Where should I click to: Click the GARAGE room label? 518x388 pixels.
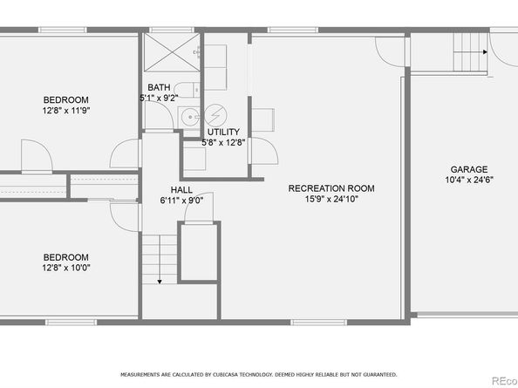[x=468, y=169]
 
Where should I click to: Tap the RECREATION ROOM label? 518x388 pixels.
[x=331, y=187]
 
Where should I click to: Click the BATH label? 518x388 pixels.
[x=159, y=86]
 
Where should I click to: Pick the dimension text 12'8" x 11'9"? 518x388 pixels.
[x=66, y=111]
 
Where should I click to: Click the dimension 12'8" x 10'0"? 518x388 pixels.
[x=66, y=268]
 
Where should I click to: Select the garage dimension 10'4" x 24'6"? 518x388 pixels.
[x=468, y=180]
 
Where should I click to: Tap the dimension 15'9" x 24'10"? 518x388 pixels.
[x=331, y=199]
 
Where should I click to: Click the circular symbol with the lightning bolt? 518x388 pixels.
[x=215, y=115]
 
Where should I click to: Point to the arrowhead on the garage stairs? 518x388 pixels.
[x=482, y=51]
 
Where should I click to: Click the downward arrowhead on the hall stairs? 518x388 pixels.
[x=160, y=281]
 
